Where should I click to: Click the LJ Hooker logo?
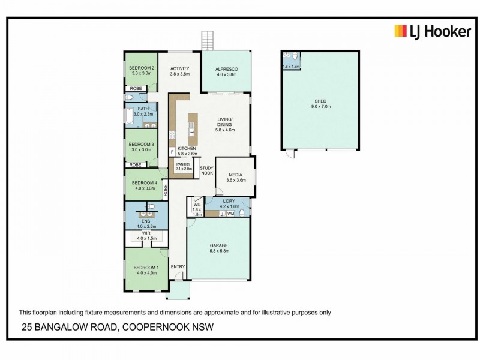(432, 32)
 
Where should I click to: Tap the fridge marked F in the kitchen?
(172, 152)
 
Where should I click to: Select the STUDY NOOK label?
(206, 170)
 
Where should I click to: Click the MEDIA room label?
(235, 175)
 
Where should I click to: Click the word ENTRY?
(178, 267)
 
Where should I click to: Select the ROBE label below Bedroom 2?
(136, 88)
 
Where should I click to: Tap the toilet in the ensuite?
(152, 206)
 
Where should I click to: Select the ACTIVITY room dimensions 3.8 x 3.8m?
(179, 74)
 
